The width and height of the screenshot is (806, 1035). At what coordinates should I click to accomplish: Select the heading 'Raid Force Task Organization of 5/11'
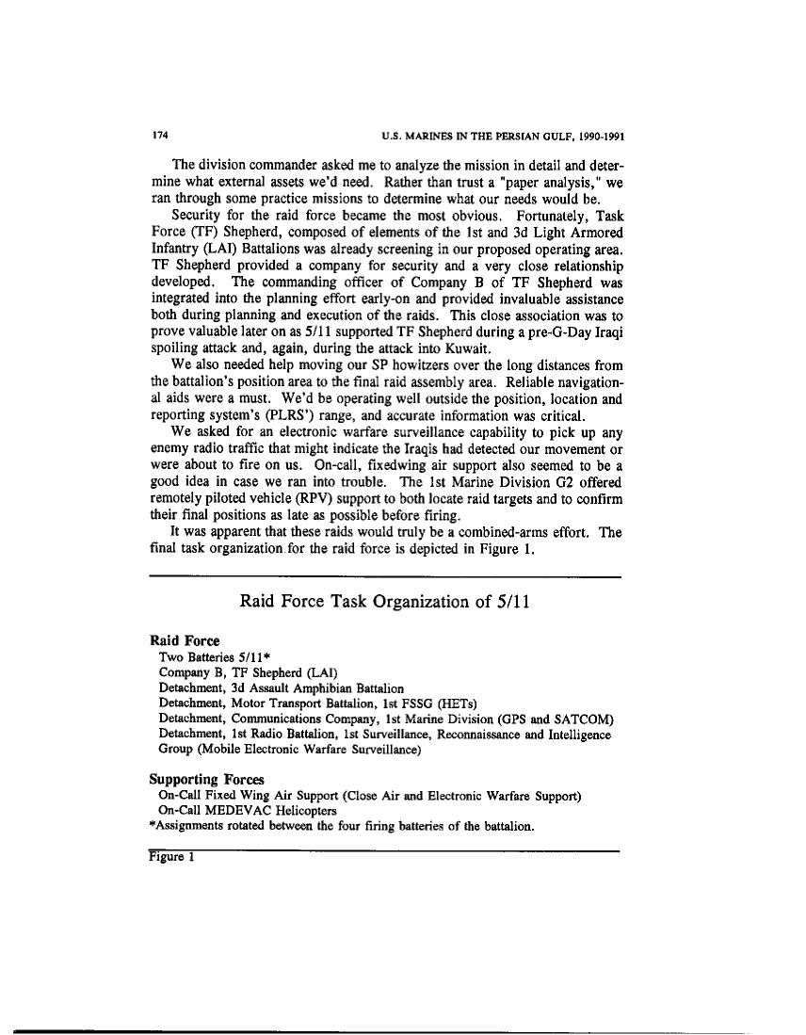tap(383, 602)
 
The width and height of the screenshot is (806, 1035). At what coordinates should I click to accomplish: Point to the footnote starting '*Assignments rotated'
tap(343, 827)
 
